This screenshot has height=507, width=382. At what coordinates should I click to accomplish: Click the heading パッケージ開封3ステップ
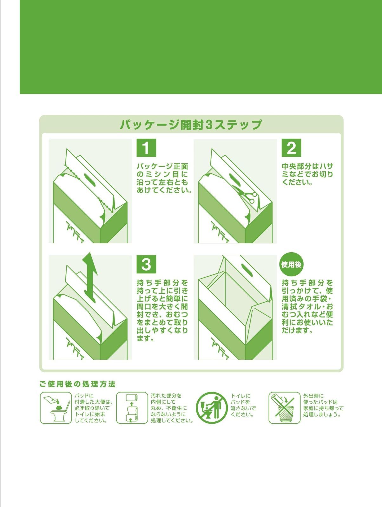(x=191, y=125)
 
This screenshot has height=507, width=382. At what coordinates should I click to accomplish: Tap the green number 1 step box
(x=146, y=148)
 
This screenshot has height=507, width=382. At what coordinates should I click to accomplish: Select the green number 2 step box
(x=291, y=148)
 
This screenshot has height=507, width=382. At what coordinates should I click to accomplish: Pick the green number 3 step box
(x=146, y=264)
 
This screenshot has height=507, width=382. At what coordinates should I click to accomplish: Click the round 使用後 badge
(x=292, y=264)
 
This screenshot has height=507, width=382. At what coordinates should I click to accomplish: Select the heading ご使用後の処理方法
(x=77, y=384)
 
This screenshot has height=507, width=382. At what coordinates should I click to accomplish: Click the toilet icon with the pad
(x=56, y=408)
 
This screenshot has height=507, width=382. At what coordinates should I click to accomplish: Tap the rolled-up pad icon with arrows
(x=132, y=408)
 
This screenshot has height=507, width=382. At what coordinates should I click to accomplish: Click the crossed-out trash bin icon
(x=284, y=408)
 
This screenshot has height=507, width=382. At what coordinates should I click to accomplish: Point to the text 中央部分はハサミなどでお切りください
(x=307, y=174)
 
